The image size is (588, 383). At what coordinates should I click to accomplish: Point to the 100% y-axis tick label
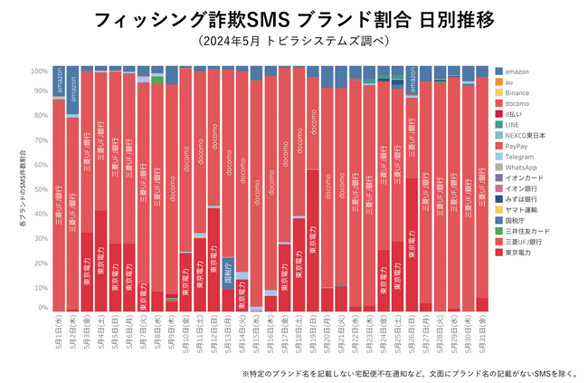[41, 71]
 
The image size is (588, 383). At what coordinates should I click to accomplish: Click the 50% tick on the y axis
[43, 189]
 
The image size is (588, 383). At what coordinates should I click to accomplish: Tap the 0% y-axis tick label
[44, 309]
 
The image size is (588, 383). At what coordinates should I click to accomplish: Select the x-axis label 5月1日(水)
[59, 332]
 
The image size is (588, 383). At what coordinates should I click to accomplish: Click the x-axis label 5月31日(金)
[482, 332]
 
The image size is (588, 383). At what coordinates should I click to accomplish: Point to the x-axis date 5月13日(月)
[228, 332]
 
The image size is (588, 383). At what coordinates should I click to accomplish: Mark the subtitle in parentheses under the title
[293, 42]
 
